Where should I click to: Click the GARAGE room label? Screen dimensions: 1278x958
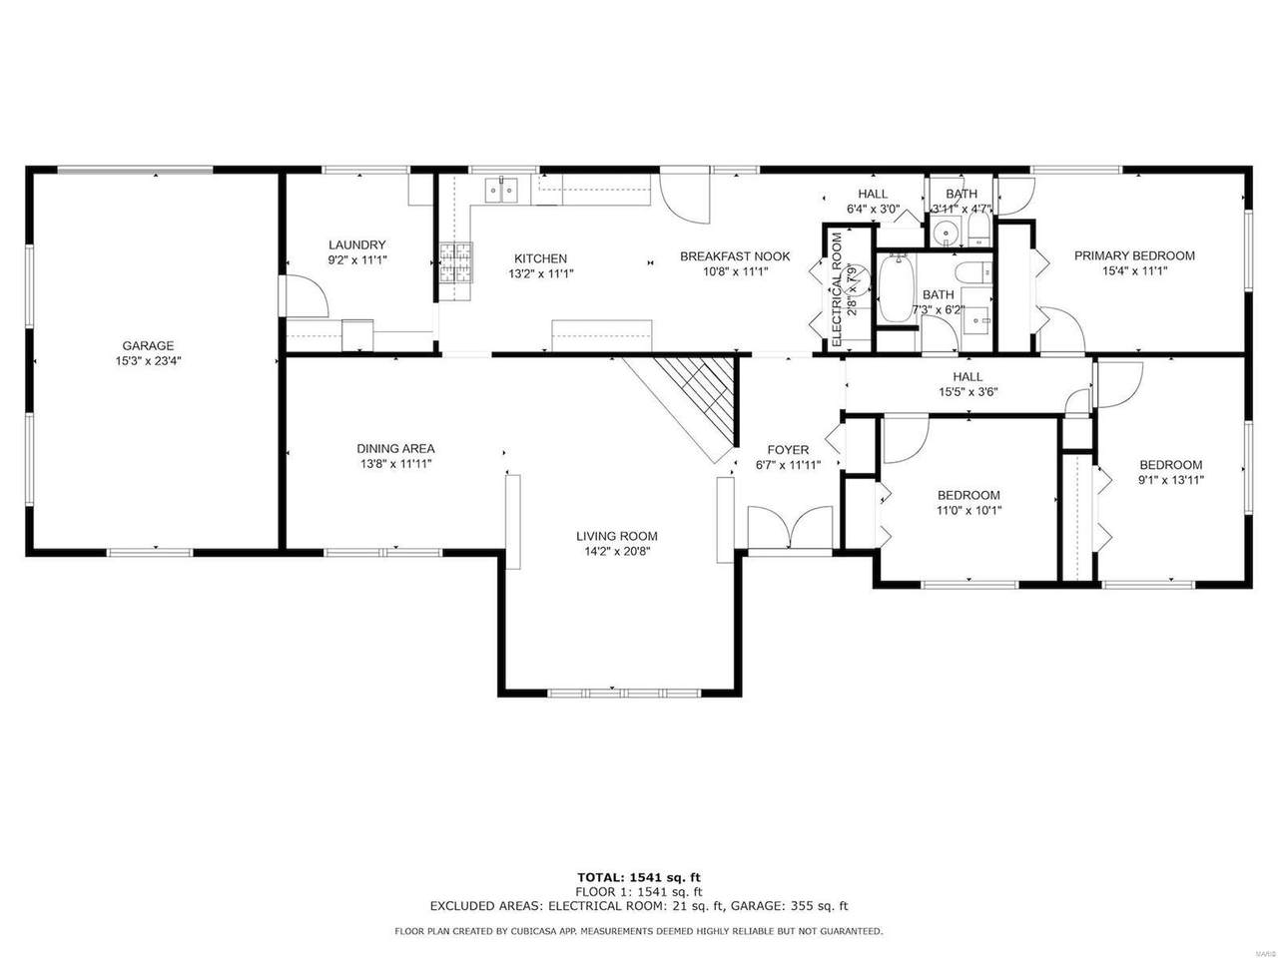(148, 346)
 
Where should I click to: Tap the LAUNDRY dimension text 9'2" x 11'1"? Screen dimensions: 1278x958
(357, 260)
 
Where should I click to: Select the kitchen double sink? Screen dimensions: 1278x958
(501, 190)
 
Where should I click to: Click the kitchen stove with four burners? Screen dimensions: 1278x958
(456, 271)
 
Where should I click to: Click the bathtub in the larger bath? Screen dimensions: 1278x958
(896, 289)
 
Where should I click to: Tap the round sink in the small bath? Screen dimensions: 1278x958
(947, 234)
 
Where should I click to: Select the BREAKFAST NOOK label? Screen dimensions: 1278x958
(735, 256)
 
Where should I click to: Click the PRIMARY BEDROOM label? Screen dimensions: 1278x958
(1134, 255)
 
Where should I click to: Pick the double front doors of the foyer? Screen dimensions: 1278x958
(789, 527)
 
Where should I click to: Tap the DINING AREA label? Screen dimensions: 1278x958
(396, 448)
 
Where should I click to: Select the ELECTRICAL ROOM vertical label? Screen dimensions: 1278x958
(838, 290)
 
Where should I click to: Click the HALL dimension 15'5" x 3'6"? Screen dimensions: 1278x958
(968, 392)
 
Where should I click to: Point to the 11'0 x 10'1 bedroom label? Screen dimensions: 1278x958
(968, 495)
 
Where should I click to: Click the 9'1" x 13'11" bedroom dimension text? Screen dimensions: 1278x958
(1171, 480)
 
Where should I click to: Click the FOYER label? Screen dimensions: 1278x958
(789, 450)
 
